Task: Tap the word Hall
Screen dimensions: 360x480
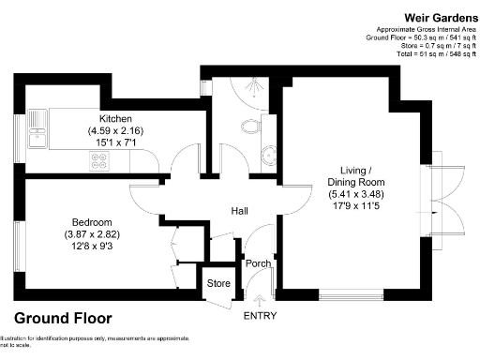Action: click(240, 212)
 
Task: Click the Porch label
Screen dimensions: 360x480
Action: click(258, 264)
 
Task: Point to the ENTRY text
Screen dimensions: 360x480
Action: click(260, 316)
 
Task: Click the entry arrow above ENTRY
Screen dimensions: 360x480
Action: click(260, 300)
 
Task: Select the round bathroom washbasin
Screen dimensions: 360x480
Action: click(267, 156)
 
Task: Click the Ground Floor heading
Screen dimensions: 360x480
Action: click(63, 318)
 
